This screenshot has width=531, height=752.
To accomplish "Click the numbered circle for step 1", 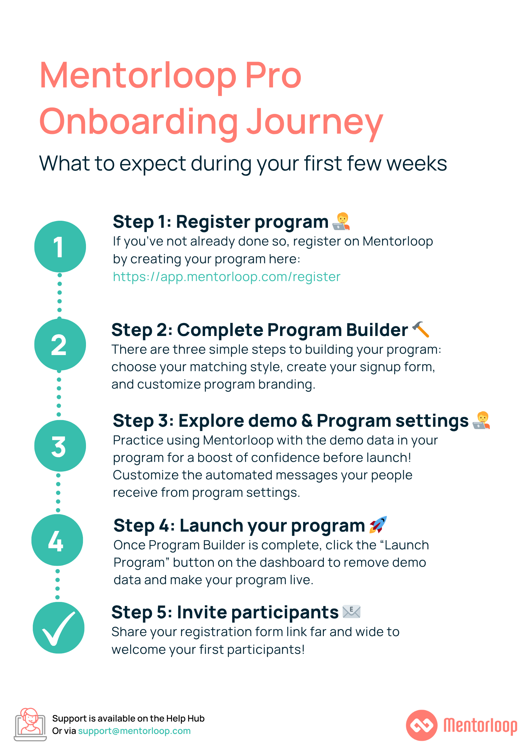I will pyautogui.click(x=60, y=247).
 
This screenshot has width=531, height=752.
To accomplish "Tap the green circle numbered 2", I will pyautogui.click(x=60, y=344).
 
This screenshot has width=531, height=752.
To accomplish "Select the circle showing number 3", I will pyautogui.click(x=60, y=446).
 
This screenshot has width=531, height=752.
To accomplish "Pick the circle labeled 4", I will pyautogui.click(x=57, y=540).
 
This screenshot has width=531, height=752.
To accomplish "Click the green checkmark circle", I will pyautogui.click(x=59, y=628).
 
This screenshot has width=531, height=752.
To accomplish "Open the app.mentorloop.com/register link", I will pyautogui.click(x=227, y=277).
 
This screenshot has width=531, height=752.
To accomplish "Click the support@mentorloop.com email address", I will pyautogui.click(x=134, y=731).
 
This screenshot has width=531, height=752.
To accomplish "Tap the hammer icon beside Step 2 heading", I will pyautogui.click(x=421, y=329).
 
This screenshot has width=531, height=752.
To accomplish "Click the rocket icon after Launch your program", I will pyautogui.click(x=378, y=525).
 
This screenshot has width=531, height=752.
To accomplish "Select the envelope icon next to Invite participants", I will pyautogui.click(x=352, y=612).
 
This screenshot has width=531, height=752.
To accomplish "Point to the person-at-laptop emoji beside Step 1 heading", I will pyautogui.click(x=341, y=221).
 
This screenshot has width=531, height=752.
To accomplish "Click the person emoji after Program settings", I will pyautogui.click(x=481, y=420).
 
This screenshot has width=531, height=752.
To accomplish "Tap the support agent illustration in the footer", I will pyautogui.click(x=30, y=725).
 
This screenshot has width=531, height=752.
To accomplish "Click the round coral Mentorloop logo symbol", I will pyautogui.click(x=422, y=725).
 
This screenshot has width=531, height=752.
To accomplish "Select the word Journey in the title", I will pyautogui.click(x=315, y=122).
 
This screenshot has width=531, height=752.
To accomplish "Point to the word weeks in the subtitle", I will pyautogui.click(x=417, y=164).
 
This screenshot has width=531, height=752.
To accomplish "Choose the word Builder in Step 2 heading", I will pyautogui.click(x=377, y=330).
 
